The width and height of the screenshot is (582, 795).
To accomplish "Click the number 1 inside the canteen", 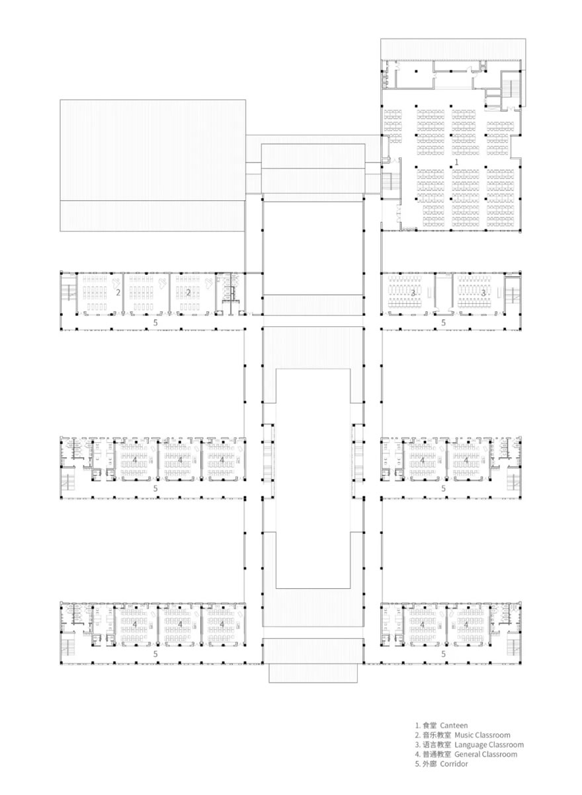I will point(456,161).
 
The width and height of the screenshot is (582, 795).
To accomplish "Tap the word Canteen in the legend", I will point(454,726).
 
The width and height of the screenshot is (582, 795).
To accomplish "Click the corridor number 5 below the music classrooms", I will point(155,322).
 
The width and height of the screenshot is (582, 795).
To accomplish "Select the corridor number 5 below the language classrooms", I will point(444,322).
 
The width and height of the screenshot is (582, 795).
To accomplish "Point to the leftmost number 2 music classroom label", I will point(118,291).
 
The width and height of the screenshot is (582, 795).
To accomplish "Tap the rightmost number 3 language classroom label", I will point(483,291).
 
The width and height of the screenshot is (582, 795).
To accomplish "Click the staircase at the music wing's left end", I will point(68,291).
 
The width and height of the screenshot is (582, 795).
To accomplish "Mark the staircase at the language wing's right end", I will point(511,291).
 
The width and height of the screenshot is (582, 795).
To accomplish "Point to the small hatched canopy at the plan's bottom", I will point(313,673).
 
